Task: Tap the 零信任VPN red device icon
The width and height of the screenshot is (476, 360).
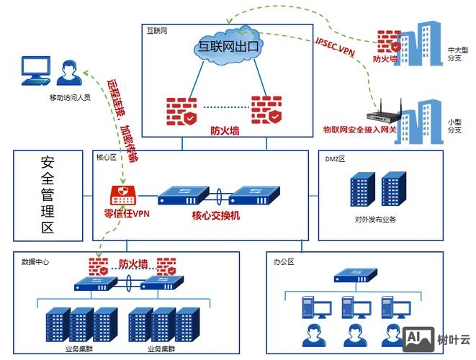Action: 124,195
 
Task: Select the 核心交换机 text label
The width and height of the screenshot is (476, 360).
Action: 216,215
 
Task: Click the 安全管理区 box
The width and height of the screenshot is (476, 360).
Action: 48,194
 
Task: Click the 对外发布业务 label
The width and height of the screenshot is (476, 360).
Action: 374,220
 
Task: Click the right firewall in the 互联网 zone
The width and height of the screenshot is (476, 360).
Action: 266,111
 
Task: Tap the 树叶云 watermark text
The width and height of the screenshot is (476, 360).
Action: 454,339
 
